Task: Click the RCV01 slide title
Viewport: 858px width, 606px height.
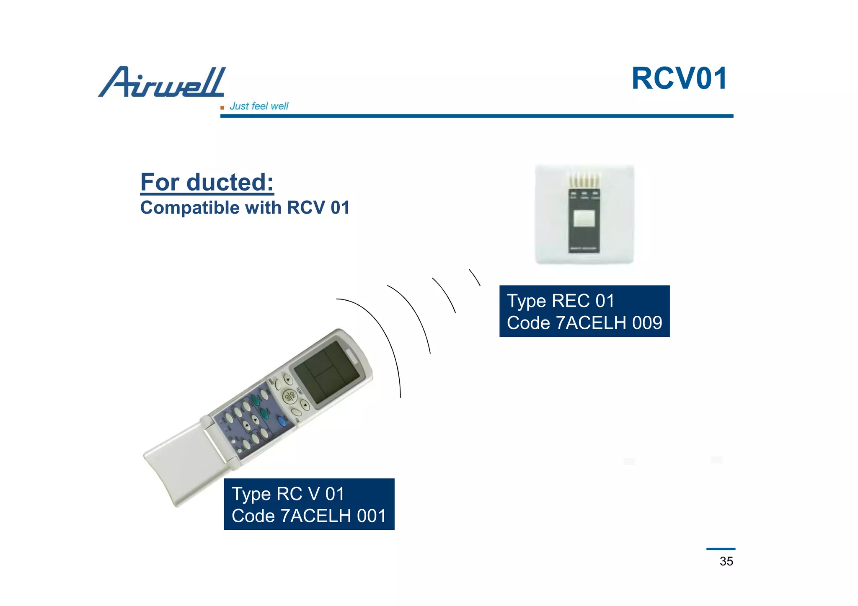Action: click(x=679, y=78)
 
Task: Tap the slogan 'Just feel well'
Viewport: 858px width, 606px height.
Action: click(x=259, y=106)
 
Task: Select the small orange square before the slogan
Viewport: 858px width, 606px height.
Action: click(x=222, y=108)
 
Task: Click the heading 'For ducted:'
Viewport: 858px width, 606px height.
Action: click(x=207, y=182)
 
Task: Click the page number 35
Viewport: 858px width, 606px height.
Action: click(x=726, y=561)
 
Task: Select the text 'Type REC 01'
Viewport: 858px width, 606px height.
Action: click(x=561, y=301)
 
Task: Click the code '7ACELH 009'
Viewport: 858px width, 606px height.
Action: click(x=609, y=323)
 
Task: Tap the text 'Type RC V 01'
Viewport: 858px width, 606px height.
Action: click(x=288, y=494)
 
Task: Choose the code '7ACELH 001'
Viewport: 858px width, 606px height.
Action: click(x=333, y=516)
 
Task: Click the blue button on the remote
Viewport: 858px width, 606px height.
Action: click(x=282, y=421)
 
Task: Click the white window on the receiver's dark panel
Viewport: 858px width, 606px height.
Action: click(x=584, y=218)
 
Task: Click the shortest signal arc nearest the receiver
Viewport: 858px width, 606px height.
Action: click(x=475, y=277)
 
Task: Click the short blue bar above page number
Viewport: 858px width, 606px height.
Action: click(x=721, y=549)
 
